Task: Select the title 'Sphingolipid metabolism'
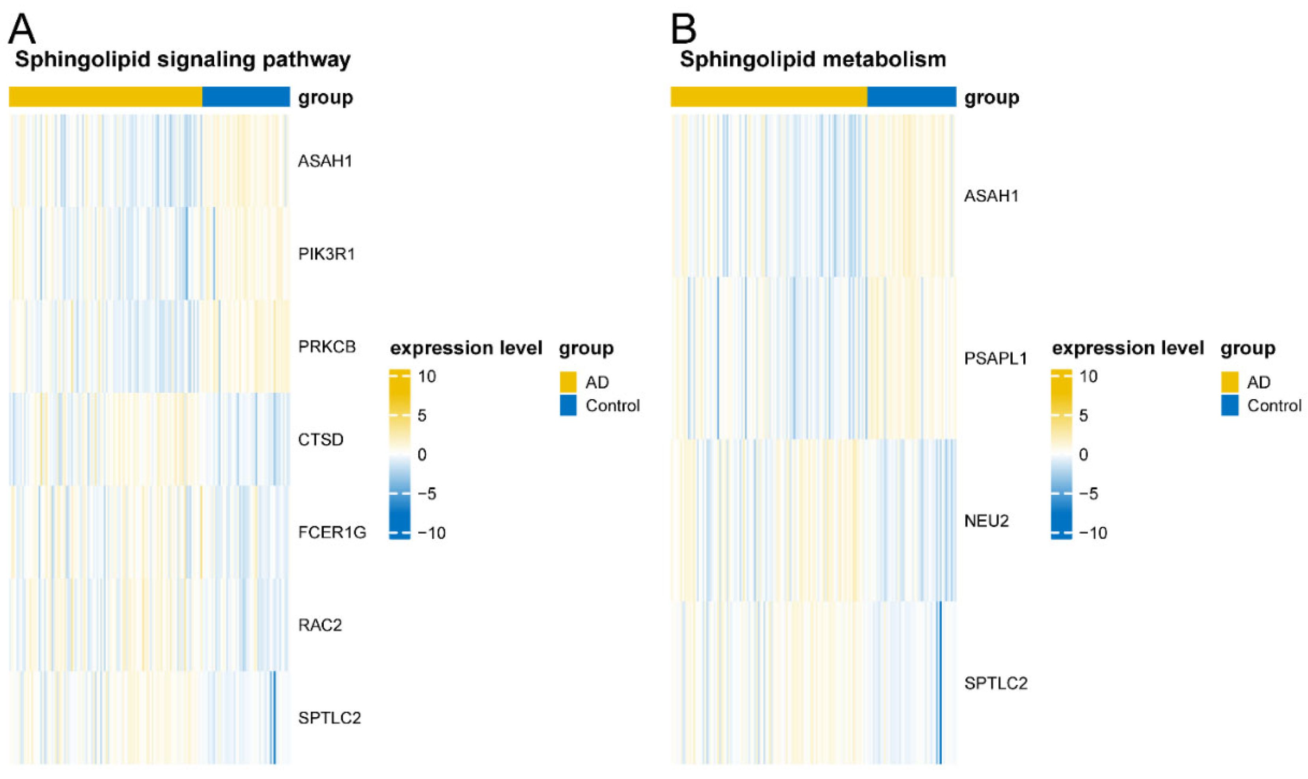click(x=813, y=59)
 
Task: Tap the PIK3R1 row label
click(x=326, y=254)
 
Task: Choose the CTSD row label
click(x=321, y=439)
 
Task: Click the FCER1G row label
click(x=332, y=532)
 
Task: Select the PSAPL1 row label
click(x=995, y=359)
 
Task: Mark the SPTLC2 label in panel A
click(x=329, y=718)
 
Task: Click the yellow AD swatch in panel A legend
click(x=568, y=382)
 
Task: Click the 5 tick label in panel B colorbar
click(x=1083, y=416)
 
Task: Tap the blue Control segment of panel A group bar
click(x=246, y=97)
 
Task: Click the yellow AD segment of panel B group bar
click(x=768, y=97)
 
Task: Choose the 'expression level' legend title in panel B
click(x=1128, y=348)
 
